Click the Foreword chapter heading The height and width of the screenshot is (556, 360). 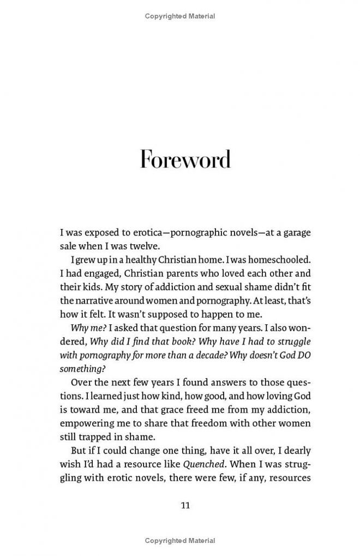[x=185, y=159]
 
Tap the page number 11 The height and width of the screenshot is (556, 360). [x=185, y=505]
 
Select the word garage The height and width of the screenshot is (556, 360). [x=293, y=232]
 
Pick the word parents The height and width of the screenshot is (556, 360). [x=178, y=274]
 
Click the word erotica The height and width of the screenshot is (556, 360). [x=154, y=232]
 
